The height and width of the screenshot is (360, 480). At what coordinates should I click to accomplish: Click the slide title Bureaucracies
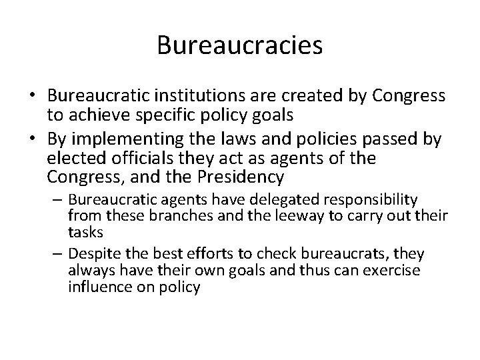coord(240,46)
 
